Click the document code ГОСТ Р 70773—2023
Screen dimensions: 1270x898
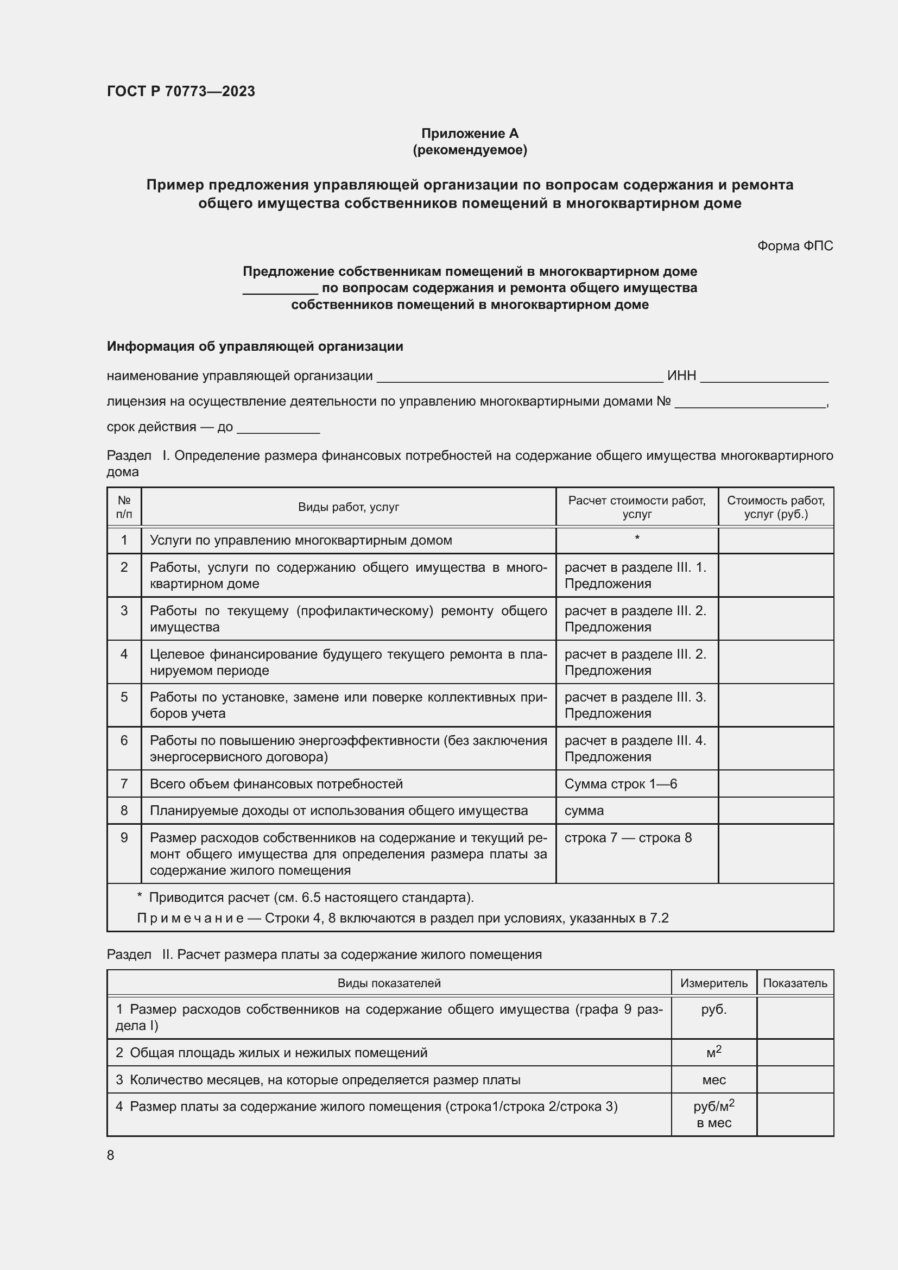click(x=181, y=91)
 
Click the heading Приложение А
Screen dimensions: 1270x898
click(x=470, y=134)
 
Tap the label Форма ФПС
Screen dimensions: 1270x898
click(x=795, y=245)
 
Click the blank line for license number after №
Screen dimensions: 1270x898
click(x=749, y=403)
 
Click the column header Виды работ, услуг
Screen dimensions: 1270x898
click(x=349, y=507)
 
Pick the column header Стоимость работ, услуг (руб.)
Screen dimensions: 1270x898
click(x=775, y=507)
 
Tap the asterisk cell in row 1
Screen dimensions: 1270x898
click(x=636, y=538)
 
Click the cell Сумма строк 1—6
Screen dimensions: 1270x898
click(x=621, y=784)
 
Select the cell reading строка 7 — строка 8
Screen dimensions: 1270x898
click(x=628, y=837)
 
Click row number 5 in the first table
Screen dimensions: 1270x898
click(x=124, y=697)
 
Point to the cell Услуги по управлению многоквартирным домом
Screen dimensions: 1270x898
click(x=301, y=540)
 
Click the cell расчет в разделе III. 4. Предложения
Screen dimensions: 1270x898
click(x=635, y=748)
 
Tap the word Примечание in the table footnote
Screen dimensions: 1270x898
click(x=190, y=918)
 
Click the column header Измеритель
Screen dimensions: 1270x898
click(x=713, y=983)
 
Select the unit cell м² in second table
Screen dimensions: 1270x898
click(x=713, y=1052)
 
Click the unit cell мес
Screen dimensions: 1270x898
click(x=713, y=1080)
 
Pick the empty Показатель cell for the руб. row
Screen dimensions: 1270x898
click(x=795, y=1017)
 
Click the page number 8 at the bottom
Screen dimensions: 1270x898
click(x=111, y=1155)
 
